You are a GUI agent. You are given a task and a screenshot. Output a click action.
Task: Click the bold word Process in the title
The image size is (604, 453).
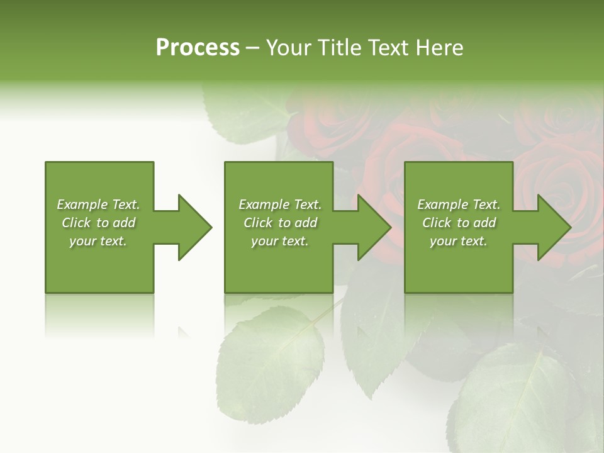198,48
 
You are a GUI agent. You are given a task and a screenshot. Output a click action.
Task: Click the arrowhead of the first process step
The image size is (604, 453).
195,227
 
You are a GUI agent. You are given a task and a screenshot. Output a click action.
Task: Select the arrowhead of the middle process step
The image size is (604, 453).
374,227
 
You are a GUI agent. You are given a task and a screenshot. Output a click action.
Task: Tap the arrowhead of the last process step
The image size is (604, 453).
554,227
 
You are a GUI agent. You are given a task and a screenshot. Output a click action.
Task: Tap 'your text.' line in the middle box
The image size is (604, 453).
279,241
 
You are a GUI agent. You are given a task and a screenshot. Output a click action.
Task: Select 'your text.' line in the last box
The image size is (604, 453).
458,241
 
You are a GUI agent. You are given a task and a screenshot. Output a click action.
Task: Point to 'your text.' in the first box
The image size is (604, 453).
98,241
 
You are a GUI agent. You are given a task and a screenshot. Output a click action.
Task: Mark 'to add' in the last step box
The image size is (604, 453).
476,223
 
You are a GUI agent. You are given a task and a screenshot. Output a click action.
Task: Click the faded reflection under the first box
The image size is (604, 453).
99,315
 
